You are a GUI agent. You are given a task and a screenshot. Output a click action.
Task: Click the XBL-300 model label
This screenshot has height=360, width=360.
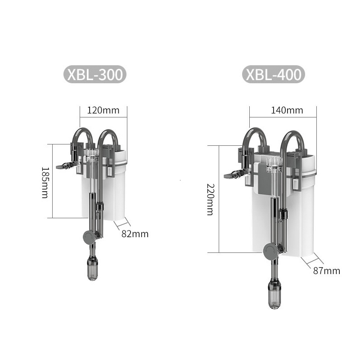point(95,74)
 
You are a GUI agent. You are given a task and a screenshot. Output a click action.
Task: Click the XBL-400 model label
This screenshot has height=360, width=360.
point(274,74)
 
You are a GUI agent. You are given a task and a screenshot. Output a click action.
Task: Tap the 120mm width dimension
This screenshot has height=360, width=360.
point(103,110)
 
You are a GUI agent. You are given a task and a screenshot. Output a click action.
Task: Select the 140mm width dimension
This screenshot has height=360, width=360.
point(287,110)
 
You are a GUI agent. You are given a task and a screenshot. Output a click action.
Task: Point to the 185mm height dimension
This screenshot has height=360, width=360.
point(45,183)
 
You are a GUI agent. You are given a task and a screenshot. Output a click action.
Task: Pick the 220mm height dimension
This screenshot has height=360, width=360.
point(211,199)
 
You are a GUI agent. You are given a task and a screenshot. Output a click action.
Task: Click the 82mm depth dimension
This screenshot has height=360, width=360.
point(135,234)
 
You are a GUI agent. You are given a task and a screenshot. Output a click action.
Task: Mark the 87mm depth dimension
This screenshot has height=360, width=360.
point(327,271)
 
